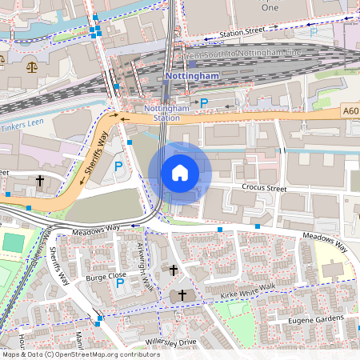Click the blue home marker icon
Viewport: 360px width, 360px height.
(x=180, y=173)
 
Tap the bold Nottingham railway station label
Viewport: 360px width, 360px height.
(x=191, y=76)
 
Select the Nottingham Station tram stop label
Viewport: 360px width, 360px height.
(x=166, y=113)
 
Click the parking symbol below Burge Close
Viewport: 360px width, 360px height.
(x=120, y=283)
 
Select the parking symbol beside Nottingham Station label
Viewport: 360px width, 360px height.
(x=204, y=102)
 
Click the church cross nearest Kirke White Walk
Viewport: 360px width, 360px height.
(x=182, y=295)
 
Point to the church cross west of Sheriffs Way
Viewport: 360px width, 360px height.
(x=38, y=181)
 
